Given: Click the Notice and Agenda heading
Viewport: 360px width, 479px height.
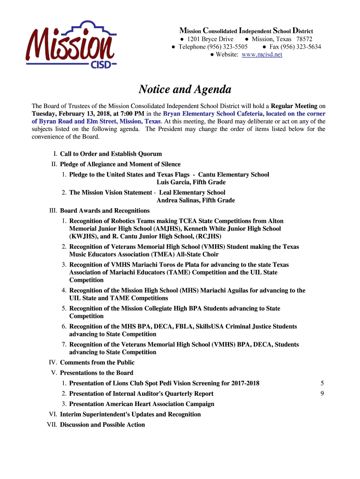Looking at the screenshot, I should (x=178, y=89).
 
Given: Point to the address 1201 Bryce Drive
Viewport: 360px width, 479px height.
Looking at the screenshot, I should (x=210, y=39).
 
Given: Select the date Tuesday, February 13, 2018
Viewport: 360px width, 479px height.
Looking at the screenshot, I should (x=73, y=114).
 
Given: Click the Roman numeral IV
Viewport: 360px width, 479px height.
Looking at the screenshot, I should (x=53, y=363).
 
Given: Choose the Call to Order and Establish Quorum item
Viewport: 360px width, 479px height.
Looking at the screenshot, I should (x=111, y=154).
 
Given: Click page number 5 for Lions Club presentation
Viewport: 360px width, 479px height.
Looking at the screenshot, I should (x=322, y=384).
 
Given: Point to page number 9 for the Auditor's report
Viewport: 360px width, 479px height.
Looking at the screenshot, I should (x=322, y=394).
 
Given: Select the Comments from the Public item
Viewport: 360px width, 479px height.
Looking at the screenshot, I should (x=97, y=363).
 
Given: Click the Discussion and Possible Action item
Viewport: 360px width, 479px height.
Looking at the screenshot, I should (x=102, y=425).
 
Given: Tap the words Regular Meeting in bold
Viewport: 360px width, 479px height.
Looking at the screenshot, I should (x=295, y=106).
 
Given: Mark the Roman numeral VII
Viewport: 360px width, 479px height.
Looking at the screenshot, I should (x=51, y=425).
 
